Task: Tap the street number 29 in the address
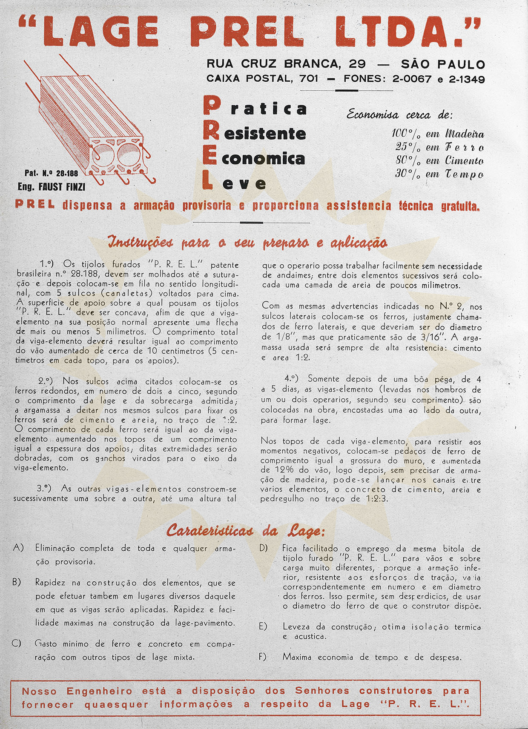click(x=357, y=64)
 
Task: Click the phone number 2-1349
click(x=467, y=79)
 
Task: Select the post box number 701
click(x=309, y=79)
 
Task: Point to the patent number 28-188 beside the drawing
click(x=67, y=173)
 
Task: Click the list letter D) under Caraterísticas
click(x=264, y=548)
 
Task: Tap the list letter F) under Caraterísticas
click(x=263, y=657)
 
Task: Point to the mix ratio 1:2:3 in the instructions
click(x=377, y=499)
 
